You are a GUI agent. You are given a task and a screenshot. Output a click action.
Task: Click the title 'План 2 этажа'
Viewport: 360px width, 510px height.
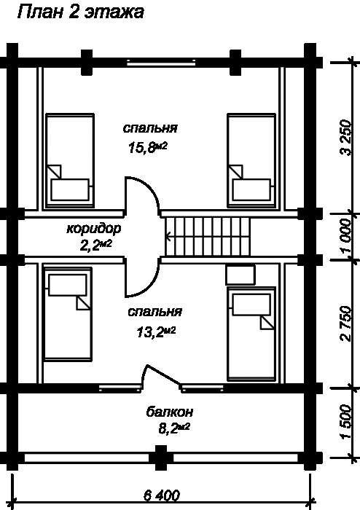80,12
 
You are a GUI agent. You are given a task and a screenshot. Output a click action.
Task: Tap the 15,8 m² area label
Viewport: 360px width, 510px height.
148,148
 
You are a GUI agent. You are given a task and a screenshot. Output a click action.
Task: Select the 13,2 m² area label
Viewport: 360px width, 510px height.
156,332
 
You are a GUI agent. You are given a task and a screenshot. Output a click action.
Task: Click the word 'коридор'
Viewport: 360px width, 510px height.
94,229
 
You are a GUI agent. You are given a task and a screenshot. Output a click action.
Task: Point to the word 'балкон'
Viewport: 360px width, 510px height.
169,412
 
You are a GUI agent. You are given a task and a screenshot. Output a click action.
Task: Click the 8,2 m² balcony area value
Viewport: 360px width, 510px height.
174,428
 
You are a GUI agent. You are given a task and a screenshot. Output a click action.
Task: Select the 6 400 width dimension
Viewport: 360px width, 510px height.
161,495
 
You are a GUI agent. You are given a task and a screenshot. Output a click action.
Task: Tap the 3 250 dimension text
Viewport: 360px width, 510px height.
345,138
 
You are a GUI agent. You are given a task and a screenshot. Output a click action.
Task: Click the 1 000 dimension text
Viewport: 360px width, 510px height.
345,236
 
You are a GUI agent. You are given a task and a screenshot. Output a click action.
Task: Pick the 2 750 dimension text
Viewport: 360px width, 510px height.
345,323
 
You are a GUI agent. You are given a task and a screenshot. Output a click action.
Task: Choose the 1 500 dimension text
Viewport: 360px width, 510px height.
345,422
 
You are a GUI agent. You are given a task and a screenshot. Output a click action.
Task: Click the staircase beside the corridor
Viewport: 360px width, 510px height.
208,237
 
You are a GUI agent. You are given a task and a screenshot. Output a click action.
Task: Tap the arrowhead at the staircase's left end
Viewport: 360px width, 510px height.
167,237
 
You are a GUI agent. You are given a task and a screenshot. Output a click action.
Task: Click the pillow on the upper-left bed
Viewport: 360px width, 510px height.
70,189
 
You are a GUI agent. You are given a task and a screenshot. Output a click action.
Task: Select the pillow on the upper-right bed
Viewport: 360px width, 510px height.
251,189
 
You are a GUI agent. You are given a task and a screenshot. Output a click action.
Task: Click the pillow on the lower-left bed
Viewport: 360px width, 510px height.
68,286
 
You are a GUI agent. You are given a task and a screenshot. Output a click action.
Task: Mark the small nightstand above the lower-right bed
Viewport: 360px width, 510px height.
240,275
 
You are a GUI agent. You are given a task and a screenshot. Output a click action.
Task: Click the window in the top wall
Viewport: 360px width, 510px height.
161,63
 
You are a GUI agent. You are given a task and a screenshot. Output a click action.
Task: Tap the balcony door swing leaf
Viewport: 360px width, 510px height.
162,374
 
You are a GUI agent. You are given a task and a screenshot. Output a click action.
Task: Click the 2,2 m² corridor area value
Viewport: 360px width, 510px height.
96,245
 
